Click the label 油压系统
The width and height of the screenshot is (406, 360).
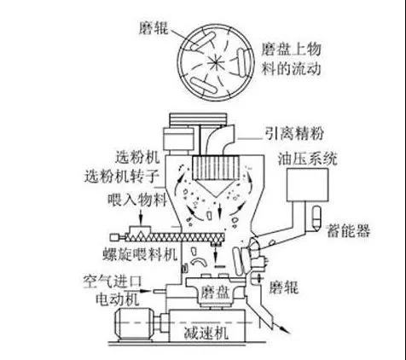tap(307, 159)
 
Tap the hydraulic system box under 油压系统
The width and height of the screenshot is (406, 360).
tap(307, 185)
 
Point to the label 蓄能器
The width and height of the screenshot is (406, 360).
tap(349, 230)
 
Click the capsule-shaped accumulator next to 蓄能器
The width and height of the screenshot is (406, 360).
tap(316, 218)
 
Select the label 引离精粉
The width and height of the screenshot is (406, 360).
tap(294, 133)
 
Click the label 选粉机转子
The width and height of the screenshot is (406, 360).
tap(121, 177)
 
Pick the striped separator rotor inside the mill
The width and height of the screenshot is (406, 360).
tap(216, 168)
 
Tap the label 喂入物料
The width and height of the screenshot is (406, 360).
tap(137, 200)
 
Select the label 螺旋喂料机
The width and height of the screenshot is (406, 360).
tap(140, 254)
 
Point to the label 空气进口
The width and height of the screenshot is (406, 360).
tap(113, 282)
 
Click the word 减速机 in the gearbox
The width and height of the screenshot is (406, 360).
tap(206, 333)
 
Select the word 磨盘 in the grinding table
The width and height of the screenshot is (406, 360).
tap(215, 293)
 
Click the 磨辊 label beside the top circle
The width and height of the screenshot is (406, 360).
tap(154, 28)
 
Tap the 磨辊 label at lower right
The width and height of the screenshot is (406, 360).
tap(283, 287)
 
